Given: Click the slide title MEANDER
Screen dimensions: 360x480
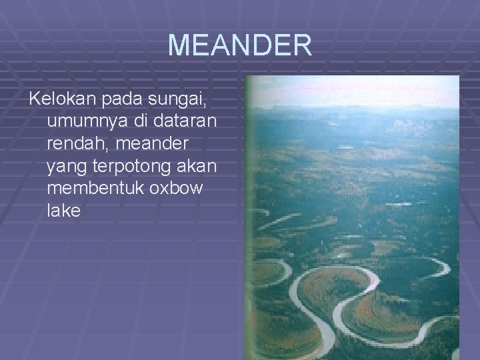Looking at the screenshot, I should point(239,45).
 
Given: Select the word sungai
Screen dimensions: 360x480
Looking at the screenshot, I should point(184,101).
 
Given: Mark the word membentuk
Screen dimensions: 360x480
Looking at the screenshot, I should point(97,189).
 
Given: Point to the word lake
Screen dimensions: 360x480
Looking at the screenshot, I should point(64,211).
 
